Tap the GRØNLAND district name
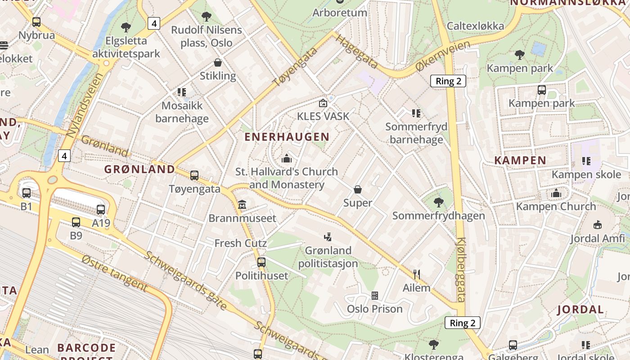point(139,169)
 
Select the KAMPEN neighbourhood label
point(520,160)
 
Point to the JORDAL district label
point(580,310)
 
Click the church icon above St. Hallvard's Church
point(287,158)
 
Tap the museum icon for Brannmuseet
point(242,205)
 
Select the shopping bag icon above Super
point(358,189)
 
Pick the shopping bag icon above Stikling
point(218,63)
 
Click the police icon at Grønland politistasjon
point(328,237)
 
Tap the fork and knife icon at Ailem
point(417,274)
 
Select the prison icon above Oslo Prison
point(374,296)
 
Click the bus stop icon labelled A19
point(101,209)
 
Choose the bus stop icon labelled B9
point(76,222)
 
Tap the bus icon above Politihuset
point(261,262)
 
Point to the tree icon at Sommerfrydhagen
point(439,202)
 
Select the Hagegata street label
point(356,53)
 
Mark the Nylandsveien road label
point(85,105)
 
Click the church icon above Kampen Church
point(556,193)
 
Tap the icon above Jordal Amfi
point(598,225)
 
